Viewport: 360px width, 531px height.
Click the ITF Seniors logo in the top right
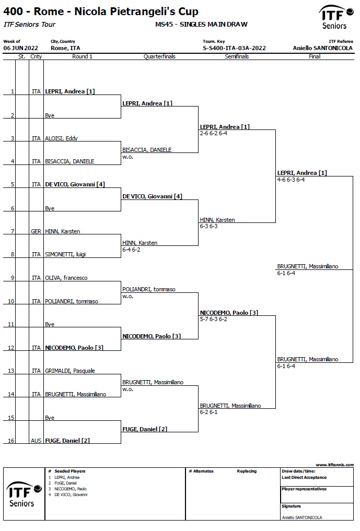335,17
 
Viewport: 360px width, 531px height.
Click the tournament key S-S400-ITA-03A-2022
234,48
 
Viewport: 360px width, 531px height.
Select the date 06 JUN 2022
21,48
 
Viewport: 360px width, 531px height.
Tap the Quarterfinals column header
159,56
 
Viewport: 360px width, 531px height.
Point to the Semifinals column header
237,56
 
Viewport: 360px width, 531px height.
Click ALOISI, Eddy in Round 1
61,138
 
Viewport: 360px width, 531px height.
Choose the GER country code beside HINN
36,231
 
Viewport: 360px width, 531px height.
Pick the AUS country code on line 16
36,441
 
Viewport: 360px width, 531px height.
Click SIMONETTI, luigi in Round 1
65,254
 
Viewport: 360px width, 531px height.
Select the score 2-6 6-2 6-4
214,134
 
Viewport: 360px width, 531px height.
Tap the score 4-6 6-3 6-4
291,180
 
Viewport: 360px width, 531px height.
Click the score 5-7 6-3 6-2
214,319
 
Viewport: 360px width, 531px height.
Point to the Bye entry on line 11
50,324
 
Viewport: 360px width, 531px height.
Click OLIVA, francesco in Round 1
66,278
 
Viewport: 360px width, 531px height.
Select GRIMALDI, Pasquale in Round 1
70,371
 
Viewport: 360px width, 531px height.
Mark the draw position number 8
13,254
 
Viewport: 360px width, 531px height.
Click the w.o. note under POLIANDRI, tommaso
128,297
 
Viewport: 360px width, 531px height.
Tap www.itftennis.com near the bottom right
334,465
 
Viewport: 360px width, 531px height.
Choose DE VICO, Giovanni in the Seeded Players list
71,495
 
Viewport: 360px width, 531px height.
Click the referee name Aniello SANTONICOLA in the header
323,48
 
